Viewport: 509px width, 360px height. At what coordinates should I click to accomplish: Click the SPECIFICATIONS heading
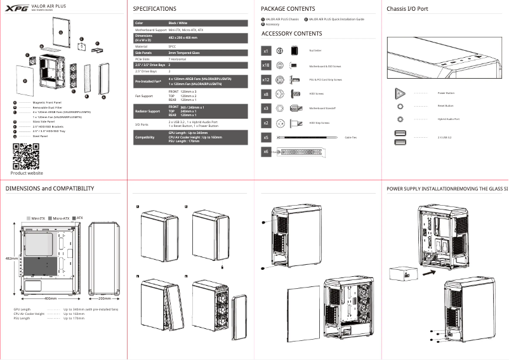pos(155,9)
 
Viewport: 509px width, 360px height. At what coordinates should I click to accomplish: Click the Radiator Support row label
pos(147,111)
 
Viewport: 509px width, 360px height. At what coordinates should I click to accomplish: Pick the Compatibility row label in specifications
pos(145,137)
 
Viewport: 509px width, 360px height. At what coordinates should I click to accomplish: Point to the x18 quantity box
pos(267,65)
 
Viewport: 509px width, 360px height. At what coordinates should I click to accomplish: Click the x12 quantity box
pos(267,80)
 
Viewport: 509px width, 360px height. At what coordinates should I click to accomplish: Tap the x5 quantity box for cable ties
pos(267,137)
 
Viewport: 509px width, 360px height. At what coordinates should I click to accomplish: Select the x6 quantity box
pos(267,152)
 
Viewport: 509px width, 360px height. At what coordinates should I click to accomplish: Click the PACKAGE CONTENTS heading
pos(288,9)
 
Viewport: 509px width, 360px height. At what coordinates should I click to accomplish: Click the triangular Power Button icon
pos(400,93)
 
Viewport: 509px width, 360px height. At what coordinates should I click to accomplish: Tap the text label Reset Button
pos(446,106)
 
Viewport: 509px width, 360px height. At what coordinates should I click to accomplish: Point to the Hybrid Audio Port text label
pos(449,119)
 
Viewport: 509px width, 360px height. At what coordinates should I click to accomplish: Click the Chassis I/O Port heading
pos(407,9)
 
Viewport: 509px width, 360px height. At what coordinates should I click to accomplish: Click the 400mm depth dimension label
pos(51,298)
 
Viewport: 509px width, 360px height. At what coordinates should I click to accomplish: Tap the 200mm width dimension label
pos(105,298)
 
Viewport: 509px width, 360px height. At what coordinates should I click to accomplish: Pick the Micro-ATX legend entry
pos(61,218)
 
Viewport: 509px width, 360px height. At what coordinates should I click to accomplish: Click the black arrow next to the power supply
pos(429,270)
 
